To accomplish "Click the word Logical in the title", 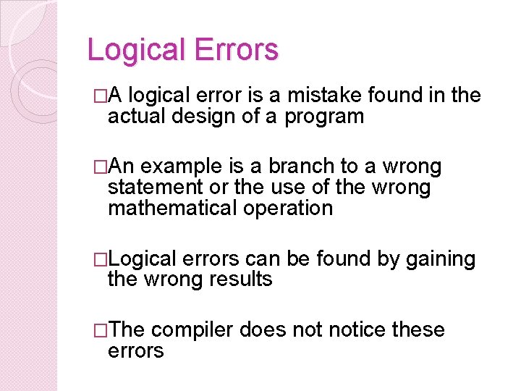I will (131, 50).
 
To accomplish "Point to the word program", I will (323, 117).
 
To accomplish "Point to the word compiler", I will (192, 331).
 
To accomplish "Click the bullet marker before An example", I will (101, 167).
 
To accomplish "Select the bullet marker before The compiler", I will (101, 331).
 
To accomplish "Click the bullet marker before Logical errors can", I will (101, 259).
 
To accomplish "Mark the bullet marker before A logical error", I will (101, 96).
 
